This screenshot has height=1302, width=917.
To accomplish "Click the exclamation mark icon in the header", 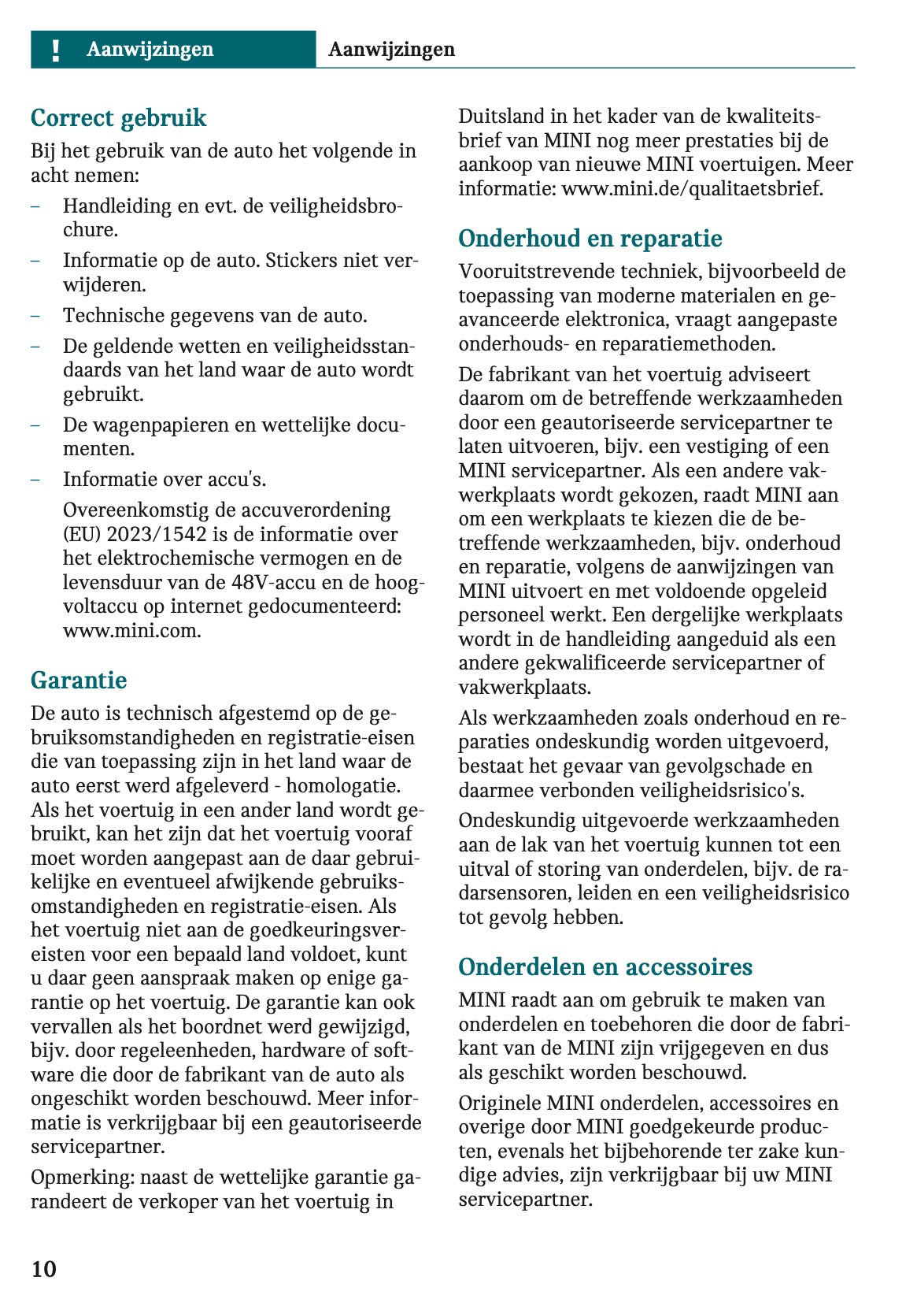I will pyautogui.click(x=55, y=50).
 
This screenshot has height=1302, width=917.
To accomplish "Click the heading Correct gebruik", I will pyautogui.click(x=118, y=118).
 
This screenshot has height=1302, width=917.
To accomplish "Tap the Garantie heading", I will pyautogui.click(x=79, y=680).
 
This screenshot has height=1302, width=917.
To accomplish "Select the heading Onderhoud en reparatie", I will pyautogui.click(x=590, y=239).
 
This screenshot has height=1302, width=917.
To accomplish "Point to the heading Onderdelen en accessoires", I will pyautogui.click(x=605, y=967).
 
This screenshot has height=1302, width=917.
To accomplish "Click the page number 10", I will pyautogui.click(x=44, y=1269).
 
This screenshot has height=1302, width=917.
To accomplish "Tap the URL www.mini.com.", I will pyautogui.click(x=131, y=631).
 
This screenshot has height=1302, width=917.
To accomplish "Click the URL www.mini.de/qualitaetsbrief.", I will pyautogui.click(x=692, y=189).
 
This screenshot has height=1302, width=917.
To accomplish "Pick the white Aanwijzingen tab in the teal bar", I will pyautogui.click(x=150, y=50).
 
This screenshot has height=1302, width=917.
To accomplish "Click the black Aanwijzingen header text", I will pyautogui.click(x=391, y=50).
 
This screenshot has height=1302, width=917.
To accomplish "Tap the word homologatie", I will pyautogui.click(x=343, y=786).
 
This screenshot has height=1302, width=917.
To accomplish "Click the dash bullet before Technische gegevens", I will pyautogui.click(x=36, y=316).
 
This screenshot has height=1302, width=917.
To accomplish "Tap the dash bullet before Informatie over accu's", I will pyautogui.click(x=36, y=480).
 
